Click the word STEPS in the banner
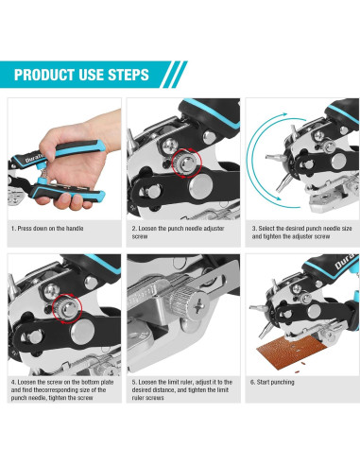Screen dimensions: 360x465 coord(129,75)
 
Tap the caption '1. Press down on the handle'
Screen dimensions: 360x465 coord(47,229)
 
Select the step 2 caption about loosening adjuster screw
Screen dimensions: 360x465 coord(178,232)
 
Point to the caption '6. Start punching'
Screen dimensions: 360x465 coord(272,382)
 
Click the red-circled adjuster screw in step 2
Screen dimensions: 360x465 coord(186,164)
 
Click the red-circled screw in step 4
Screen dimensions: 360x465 coord(67,308)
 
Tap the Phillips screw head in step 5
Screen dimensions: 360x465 coord(200,305)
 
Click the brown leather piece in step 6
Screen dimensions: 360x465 coord(292,354)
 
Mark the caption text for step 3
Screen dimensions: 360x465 coord(301,232)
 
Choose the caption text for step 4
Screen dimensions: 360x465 coord(62,390)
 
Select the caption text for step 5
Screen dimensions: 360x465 coord(182,390)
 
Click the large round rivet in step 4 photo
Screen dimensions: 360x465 coord(82,332)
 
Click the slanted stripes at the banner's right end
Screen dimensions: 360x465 coord(174,75)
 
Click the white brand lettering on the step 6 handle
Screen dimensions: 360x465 coord(345,262)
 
